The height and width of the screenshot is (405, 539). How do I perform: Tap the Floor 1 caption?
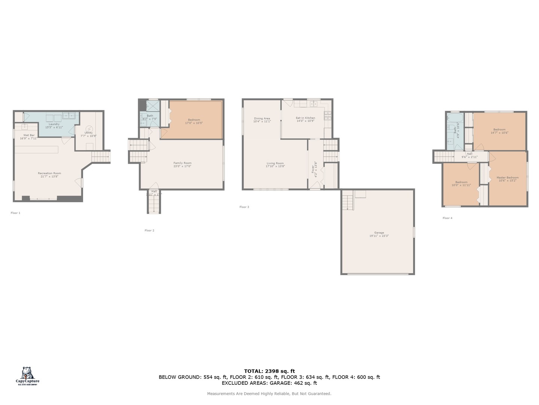tap(15, 213)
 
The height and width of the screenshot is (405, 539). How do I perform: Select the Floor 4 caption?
tap(447, 218)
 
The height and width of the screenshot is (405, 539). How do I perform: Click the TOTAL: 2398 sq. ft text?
tap(269, 371)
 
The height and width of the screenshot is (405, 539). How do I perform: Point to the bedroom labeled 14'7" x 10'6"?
tap(499, 131)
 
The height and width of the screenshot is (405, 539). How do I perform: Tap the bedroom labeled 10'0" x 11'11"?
tap(461, 183)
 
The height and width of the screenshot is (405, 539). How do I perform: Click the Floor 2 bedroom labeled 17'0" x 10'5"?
tap(194, 121)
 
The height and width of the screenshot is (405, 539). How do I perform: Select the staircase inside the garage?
tap(348, 202)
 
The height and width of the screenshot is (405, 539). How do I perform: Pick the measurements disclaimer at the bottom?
tap(269, 394)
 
